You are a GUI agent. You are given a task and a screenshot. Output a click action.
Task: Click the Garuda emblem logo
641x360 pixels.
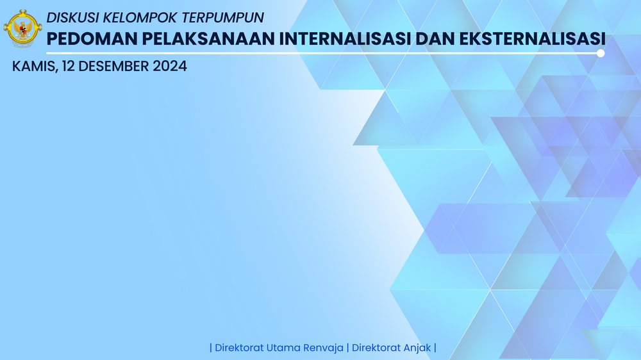22,29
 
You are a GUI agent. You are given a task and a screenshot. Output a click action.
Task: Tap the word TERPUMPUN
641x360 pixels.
223,17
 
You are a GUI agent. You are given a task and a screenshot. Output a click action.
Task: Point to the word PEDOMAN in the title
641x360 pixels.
92,39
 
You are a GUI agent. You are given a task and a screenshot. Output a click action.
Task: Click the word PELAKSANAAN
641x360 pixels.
208,39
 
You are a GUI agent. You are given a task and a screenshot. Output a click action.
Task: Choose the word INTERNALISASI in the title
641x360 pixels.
345,39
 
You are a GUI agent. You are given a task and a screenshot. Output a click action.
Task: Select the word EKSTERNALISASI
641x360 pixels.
532,39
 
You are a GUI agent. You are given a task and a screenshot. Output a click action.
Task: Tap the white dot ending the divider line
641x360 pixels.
601,53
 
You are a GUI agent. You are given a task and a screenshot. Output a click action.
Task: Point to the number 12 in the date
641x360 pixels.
69,66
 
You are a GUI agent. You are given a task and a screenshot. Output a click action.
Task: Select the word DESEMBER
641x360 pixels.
113,66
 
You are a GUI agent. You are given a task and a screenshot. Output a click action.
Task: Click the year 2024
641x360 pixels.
170,66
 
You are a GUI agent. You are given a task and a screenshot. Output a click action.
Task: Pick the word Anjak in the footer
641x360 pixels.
417,348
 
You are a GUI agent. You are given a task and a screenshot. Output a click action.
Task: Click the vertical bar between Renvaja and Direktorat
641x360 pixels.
347,348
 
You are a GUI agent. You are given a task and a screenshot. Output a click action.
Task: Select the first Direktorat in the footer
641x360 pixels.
239,348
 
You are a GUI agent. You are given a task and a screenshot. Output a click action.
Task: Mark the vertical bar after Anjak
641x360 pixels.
435,348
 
